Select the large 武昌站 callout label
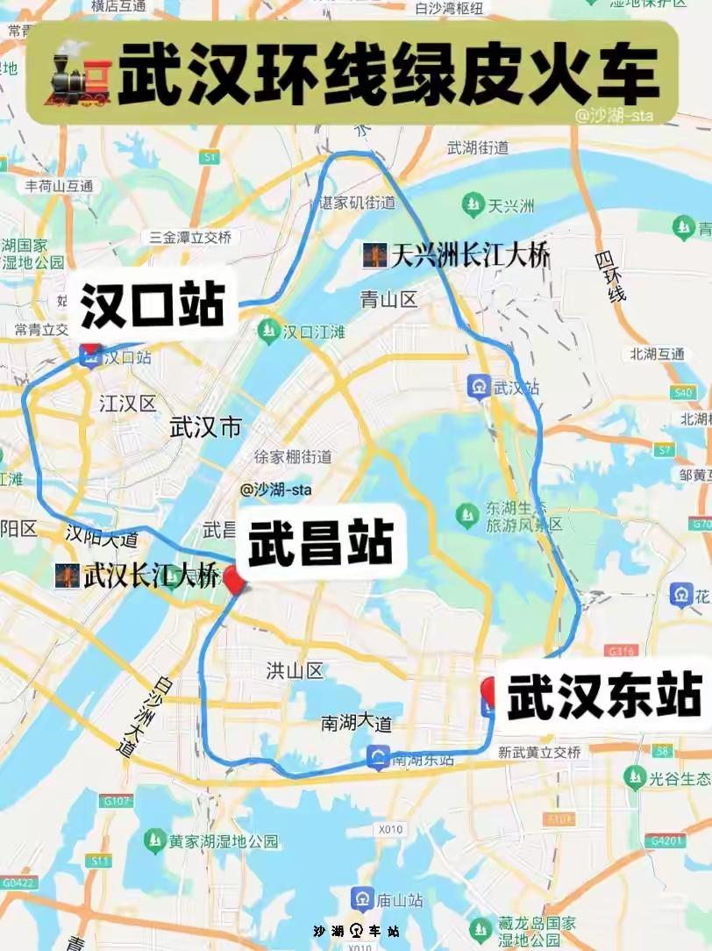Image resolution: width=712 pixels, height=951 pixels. tap(320, 544)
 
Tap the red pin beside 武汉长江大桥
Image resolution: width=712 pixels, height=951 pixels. tap(233, 580)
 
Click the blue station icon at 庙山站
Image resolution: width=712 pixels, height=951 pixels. tap(362, 899)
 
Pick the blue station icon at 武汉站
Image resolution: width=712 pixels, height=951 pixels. tap(479, 386)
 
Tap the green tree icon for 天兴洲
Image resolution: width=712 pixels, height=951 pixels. tap(474, 205)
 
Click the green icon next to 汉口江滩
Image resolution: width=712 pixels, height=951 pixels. tap(267, 331)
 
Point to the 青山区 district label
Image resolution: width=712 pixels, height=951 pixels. tap(389, 300)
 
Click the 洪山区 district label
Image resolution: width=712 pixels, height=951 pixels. tap(295, 671)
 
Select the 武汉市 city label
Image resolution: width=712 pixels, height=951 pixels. tap(205, 427)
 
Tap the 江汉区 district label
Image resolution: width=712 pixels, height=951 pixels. tap(128, 404)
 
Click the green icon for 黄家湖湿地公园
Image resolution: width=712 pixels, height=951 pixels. tap(155, 840)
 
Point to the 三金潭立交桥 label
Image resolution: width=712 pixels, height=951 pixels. tap(189, 238)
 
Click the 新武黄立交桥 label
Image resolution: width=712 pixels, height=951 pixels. tap(539, 752)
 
